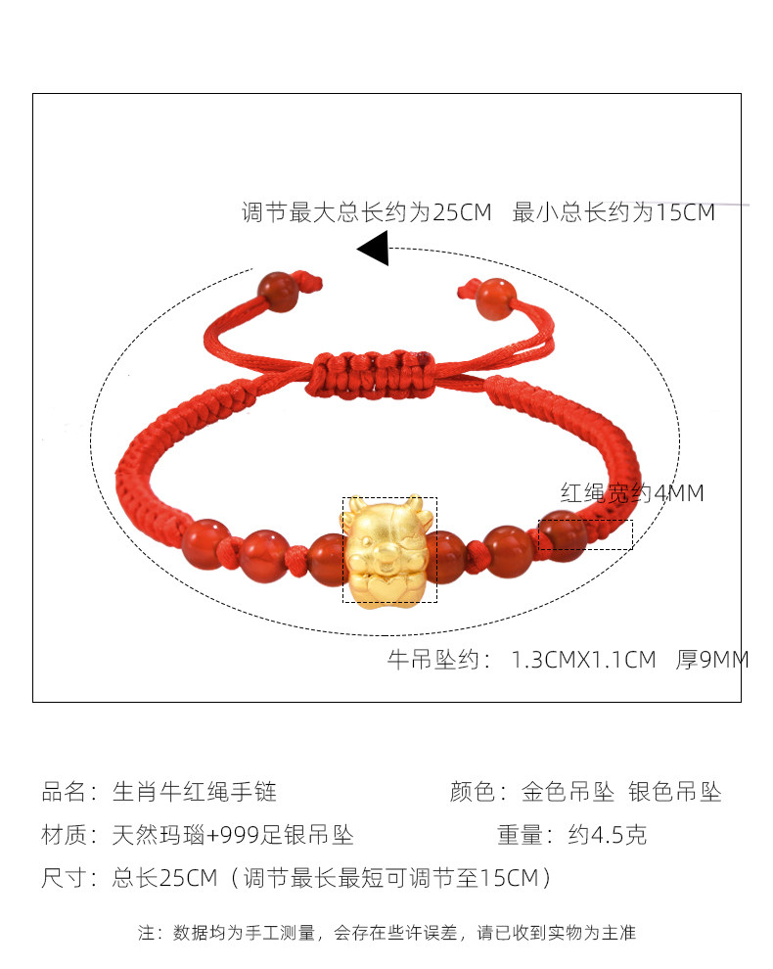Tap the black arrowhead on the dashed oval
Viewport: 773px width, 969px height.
374,249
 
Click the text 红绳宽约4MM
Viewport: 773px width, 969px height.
631,492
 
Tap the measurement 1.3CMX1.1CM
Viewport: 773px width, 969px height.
583,661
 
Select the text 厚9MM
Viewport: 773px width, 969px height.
711,661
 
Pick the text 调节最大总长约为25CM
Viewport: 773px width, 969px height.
366,211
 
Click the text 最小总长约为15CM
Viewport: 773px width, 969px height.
614,211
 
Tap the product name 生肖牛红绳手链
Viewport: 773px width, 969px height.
188,792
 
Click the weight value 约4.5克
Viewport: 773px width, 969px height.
607,835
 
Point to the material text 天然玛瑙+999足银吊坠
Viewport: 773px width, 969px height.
233,835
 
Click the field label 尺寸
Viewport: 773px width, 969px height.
65,878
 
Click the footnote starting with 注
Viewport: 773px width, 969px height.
386,933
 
